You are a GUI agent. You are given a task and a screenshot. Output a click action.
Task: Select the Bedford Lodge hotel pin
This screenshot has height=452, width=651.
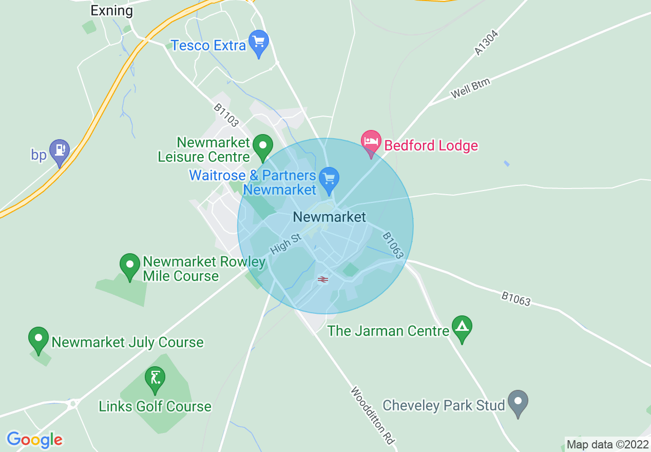click(x=371, y=142)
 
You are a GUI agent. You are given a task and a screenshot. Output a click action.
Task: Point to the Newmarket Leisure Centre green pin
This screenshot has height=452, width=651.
click(x=263, y=146)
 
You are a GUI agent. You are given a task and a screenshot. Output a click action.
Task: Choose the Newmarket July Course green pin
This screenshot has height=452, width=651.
click(x=39, y=339)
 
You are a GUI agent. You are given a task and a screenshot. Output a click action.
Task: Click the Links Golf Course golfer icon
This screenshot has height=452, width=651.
click(x=154, y=379)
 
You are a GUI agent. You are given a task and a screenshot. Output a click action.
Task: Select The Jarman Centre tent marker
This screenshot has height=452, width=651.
click(x=462, y=327)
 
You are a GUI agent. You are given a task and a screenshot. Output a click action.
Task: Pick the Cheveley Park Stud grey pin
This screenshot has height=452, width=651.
click(x=518, y=402)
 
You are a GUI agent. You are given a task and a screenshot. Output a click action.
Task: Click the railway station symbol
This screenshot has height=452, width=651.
click(x=323, y=279)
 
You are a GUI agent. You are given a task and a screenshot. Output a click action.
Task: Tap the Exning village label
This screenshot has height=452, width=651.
click(x=111, y=10)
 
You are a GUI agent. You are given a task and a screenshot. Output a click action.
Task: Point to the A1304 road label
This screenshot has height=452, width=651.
click(x=486, y=43)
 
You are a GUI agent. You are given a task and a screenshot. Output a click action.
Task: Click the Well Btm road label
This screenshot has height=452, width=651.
click(x=471, y=88)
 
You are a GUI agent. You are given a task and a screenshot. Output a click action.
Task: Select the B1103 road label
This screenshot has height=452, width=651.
click(x=226, y=115)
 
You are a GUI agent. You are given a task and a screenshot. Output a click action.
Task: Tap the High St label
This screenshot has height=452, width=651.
click(x=285, y=244)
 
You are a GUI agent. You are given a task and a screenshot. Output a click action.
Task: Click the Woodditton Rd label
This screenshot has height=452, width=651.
click(x=372, y=416)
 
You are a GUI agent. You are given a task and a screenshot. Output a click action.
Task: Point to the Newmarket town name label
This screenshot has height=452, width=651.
click(x=329, y=217)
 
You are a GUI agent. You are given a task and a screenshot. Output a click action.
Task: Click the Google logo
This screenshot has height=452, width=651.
click(x=34, y=440)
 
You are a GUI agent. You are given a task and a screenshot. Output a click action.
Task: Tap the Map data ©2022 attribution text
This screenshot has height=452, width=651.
click(x=607, y=444)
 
